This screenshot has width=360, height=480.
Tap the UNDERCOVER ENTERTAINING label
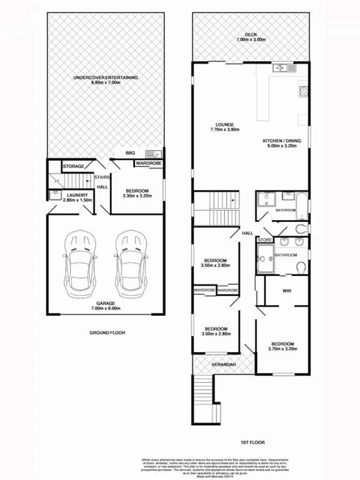pos(106,80)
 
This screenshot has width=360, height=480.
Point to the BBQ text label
pos(130,153)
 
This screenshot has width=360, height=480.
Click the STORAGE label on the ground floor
pos(73,166)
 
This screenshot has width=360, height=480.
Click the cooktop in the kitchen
pos(304,92)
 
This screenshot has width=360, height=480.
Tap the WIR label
pos(287,291)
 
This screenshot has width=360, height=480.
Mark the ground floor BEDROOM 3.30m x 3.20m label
pos(137,193)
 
